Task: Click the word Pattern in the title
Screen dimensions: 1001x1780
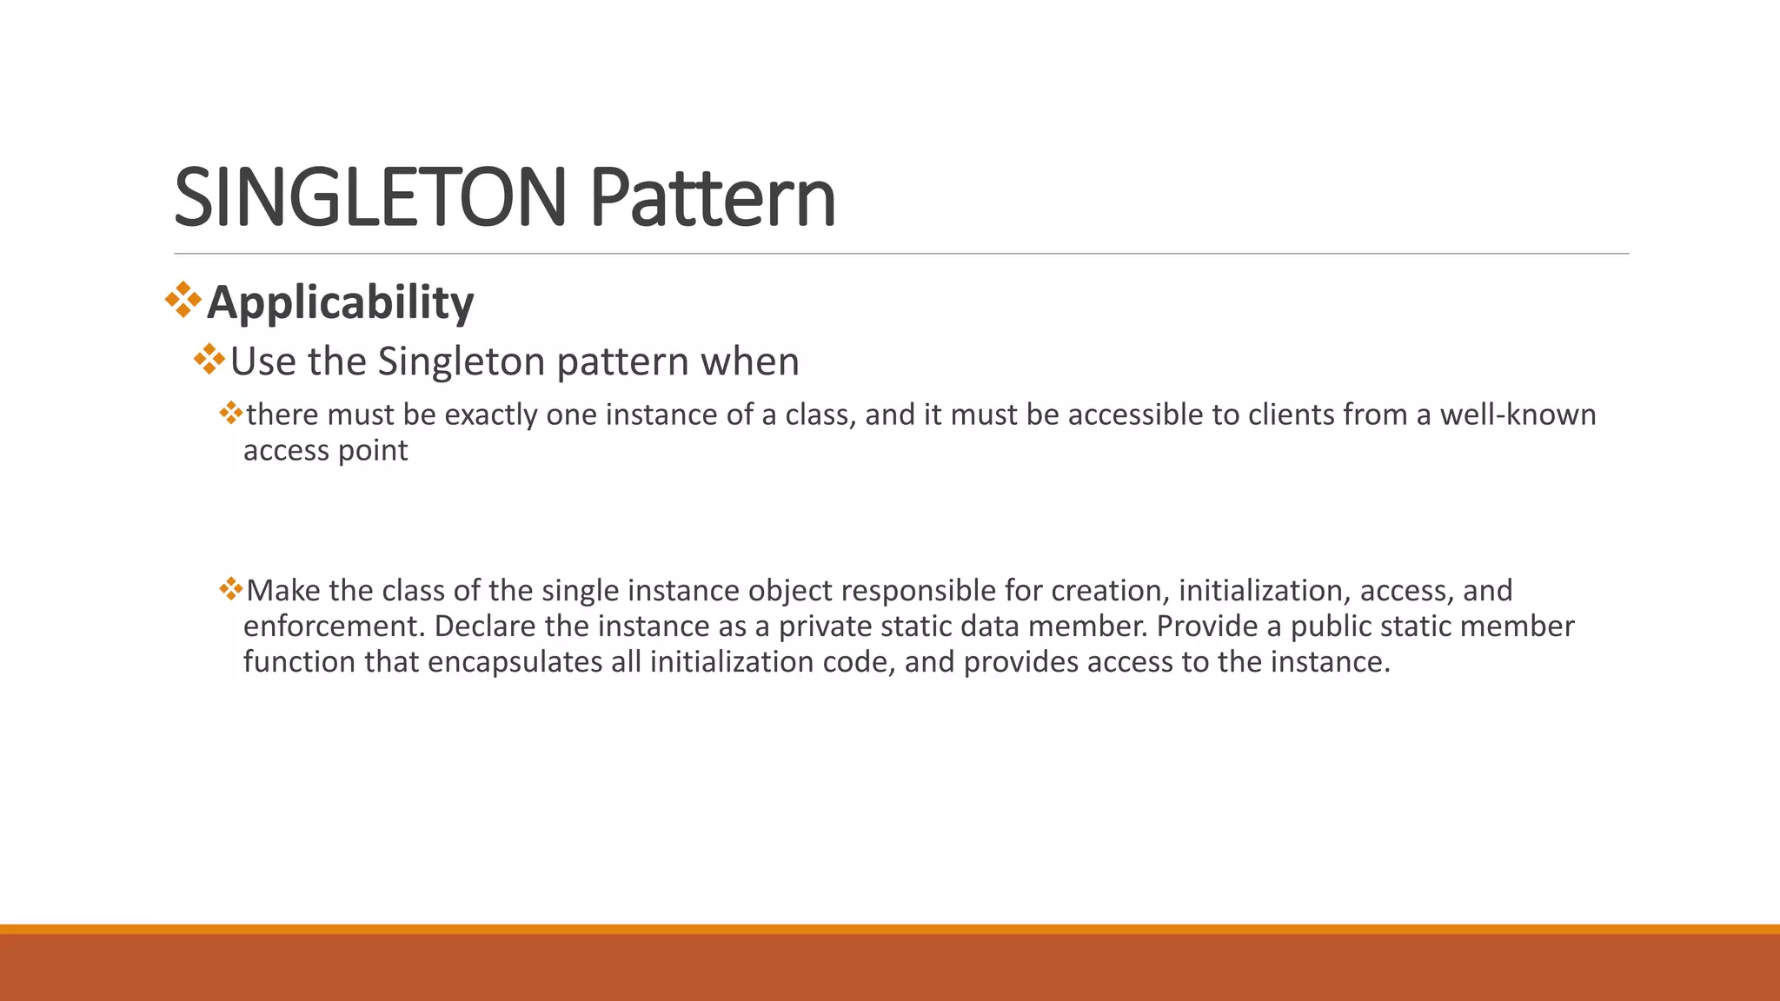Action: [713, 198]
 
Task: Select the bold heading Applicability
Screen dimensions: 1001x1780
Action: [340, 302]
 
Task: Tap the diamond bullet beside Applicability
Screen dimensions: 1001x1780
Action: [183, 300]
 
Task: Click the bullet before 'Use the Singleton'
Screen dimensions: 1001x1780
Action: [209, 359]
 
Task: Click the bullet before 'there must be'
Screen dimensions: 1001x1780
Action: [230, 413]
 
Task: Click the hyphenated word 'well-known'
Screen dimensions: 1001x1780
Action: [1518, 415]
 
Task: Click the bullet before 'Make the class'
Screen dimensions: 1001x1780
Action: [230, 590]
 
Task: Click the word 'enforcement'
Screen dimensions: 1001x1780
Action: [334, 626]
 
